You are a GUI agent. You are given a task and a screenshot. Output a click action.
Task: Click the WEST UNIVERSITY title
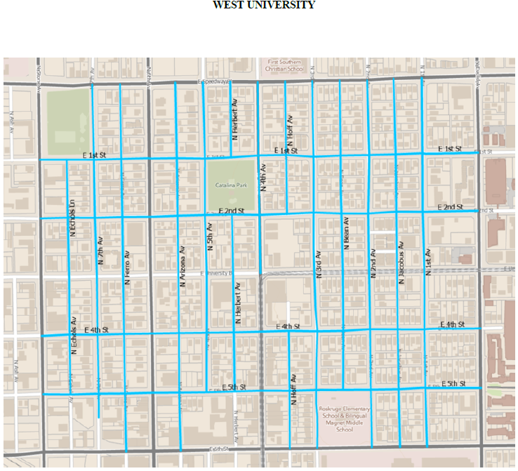(264, 6)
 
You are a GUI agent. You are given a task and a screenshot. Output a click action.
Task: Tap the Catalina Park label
(231, 187)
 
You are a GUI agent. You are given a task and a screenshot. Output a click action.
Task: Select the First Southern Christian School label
(284, 66)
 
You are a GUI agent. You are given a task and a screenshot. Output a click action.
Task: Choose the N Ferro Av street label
(127, 267)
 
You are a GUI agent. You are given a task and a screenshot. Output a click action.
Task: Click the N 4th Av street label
(264, 178)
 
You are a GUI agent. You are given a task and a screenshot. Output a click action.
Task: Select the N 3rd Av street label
(318, 265)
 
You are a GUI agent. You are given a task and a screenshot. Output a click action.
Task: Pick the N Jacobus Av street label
(401, 263)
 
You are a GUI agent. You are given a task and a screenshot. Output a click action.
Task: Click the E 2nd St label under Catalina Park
(231, 211)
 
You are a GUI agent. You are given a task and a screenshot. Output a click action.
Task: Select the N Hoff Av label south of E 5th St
(294, 390)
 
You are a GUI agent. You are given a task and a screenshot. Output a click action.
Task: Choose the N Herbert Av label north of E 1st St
(237, 124)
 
